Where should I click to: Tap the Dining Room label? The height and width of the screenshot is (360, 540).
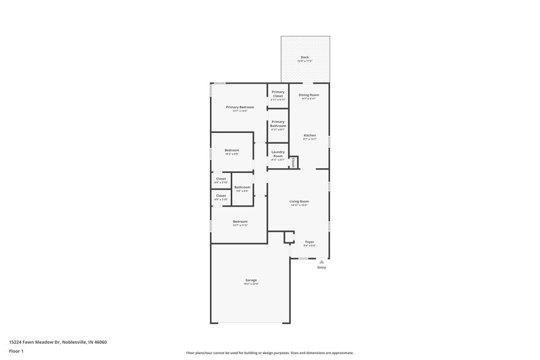[x=310, y=95]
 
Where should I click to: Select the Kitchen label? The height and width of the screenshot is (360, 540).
[x=310, y=135]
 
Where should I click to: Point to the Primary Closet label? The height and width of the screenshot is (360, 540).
[x=278, y=95]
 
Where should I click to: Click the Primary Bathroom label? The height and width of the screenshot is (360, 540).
[x=278, y=124]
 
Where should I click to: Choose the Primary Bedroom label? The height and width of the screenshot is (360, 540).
[x=240, y=107]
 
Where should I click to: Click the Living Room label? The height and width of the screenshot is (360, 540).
[x=299, y=201]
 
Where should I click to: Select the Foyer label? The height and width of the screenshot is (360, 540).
[x=310, y=242]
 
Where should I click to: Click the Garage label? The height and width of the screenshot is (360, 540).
[x=250, y=280]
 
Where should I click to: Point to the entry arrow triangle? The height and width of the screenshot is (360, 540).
[x=322, y=261]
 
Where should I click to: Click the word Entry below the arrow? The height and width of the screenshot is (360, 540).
[x=322, y=268]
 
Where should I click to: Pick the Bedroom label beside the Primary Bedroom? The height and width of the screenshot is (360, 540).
[x=232, y=150]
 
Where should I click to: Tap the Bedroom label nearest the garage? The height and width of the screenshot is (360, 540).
[x=240, y=222]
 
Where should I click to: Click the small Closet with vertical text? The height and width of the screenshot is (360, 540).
[x=294, y=162]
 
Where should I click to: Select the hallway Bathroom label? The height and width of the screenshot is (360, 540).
[x=242, y=187]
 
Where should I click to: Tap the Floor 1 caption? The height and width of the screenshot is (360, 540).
[x=18, y=352]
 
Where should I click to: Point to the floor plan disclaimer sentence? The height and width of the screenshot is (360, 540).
[x=269, y=353]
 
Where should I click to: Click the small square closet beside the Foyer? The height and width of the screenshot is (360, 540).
[x=289, y=236]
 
